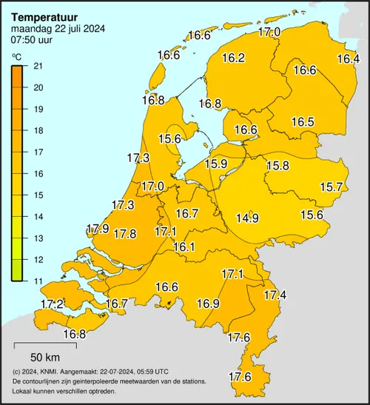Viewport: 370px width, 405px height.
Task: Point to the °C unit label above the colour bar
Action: coord(16,57)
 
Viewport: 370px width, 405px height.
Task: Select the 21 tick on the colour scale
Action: coord(39,66)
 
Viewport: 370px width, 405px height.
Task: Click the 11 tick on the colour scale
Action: coord(39,281)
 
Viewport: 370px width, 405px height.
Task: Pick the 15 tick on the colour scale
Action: coord(39,195)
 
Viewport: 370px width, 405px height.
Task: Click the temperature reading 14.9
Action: coord(247,218)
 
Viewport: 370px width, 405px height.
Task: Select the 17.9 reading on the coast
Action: coord(98,229)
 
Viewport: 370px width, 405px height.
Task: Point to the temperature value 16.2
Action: coord(233,58)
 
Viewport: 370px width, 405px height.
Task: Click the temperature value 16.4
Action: coord(348,59)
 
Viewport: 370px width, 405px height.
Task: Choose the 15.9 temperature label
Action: coord(216,164)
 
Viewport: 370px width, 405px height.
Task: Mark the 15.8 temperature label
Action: coord(277,166)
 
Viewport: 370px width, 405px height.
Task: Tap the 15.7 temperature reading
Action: coord(330,187)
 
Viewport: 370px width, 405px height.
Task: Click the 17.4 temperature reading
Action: coord(275,295)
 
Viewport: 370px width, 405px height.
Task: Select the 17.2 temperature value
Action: coord(51,304)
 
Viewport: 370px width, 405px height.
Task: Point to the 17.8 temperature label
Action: coord(124,234)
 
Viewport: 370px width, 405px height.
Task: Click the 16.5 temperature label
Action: coord(303,122)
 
